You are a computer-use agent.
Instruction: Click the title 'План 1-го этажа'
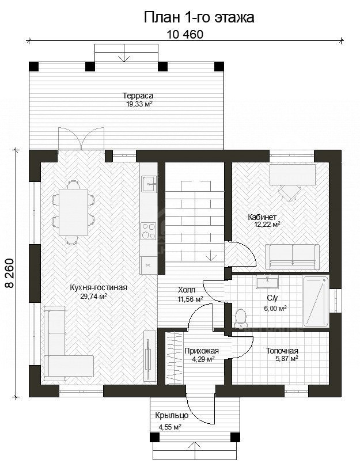(x=199, y=18)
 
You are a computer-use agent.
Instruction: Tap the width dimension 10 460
(x=185, y=35)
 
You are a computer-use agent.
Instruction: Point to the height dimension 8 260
(x=10, y=273)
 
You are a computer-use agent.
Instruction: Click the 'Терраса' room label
(x=138, y=96)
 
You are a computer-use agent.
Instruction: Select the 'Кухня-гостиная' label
(x=98, y=287)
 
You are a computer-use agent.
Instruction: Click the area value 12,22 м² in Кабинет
(x=267, y=224)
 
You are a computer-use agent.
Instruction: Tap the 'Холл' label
(x=187, y=290)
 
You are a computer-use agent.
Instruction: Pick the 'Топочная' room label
(x=282, y=351)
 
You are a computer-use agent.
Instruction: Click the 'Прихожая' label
(x=202, y=351)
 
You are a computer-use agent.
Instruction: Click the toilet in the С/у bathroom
(x=240, y=316)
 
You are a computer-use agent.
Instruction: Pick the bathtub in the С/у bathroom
(x=316, y=301)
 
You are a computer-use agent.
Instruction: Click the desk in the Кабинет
(x=293, y=174)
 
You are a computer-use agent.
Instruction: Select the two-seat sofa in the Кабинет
(x=292, y=256)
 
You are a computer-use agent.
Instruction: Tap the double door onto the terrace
(x=81, y=138)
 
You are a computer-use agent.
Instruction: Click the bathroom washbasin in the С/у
(x=267, y=282)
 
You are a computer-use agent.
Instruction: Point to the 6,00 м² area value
(x=275, y=309)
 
